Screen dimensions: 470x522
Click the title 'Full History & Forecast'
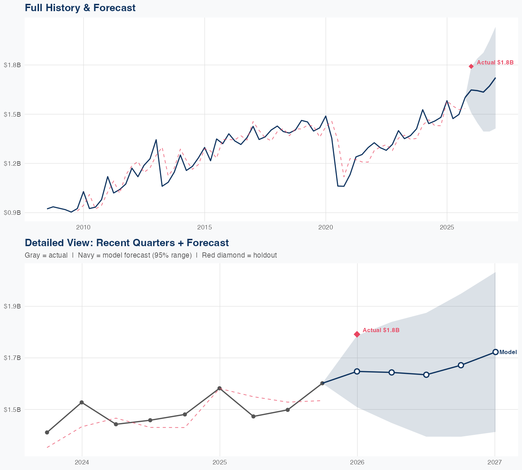coord(80,8)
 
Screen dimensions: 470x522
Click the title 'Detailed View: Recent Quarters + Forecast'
coord(127,243)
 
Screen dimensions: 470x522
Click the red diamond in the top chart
coord(471,66)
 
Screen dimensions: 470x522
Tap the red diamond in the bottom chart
coord(357,334)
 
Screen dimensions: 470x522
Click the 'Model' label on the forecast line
coord(508,352)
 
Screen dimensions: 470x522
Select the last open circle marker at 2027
coord(495,352)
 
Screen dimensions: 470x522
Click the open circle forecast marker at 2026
coord(357,371)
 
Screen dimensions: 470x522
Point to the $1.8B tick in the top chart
coord(12,65)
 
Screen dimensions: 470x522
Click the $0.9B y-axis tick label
coord(12,212)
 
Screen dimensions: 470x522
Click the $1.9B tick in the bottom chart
coord(12,306)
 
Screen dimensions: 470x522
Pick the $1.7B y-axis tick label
coord(12,358)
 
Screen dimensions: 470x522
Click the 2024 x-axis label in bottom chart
coord(82,462)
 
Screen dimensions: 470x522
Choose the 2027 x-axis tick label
coord(495,462)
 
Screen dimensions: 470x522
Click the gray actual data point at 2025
coord(220,388)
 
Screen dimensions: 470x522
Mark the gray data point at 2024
coord(82,402)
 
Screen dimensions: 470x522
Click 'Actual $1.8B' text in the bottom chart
coord(381,330)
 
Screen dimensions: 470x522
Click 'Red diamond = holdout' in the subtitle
coord(239,255)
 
